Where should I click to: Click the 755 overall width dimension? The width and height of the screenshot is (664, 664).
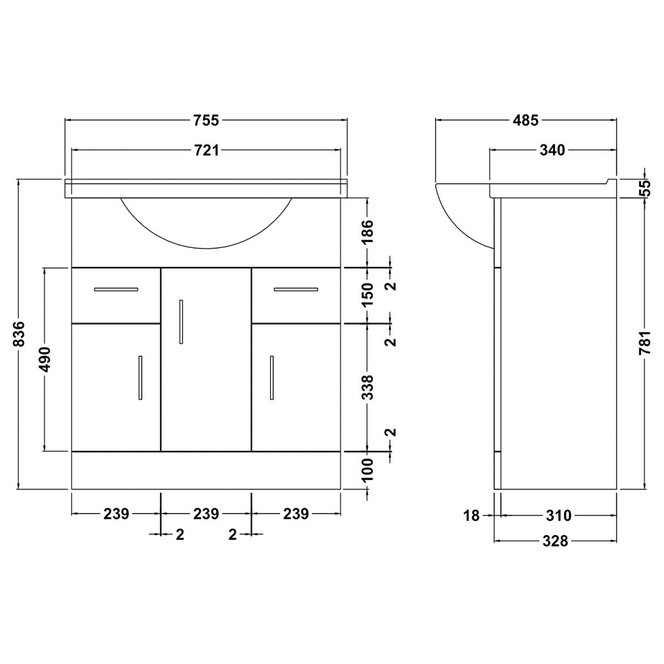click(x=206, y=120)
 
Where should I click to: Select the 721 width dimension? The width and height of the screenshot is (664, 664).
click(x=206, y=150)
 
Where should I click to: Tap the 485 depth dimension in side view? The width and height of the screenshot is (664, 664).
click(x=525, y=120)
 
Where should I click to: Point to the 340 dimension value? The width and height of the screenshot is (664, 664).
click(x=552, y=150)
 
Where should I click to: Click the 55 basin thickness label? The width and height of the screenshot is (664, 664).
click(x=645, y=189)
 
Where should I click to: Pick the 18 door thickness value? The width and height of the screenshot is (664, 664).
click(x=471, y=516)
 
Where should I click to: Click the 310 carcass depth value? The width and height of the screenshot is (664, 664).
click(x=558, y=516)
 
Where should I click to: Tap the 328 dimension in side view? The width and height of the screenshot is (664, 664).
click(x=555, y=541)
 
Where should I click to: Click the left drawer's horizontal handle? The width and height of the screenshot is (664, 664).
click(x=116, y=289)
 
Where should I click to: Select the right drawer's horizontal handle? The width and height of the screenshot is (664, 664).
click(x=295, y=289)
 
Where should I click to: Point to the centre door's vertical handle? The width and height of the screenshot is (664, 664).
click(x=181, y=321)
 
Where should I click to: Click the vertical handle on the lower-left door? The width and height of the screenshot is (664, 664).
click(x=141, y=377)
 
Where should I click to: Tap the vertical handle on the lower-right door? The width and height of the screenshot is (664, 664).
click(x=272, y=377)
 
